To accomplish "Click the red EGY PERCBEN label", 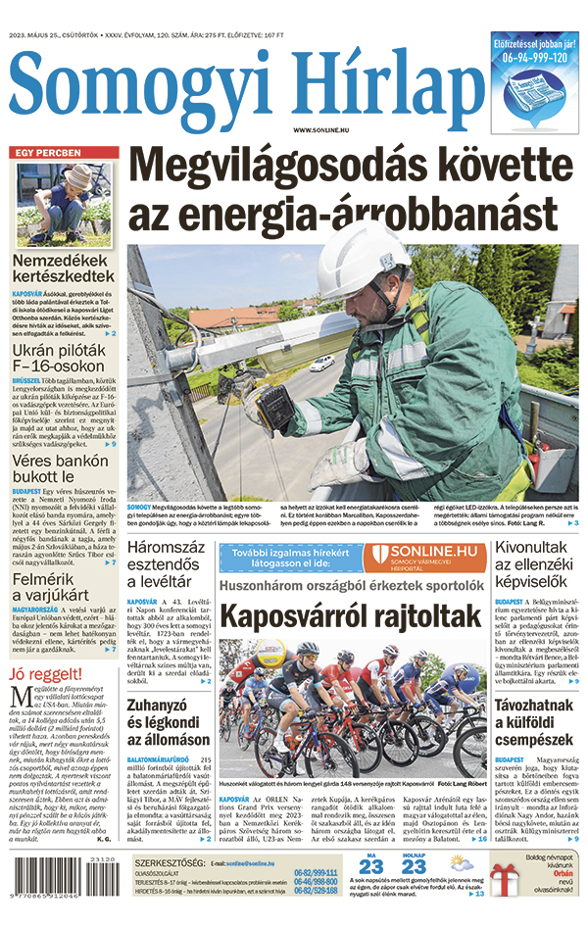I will pyautogui.click(x=46, y=153).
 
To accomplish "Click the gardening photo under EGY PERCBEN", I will pyautogui.click(x=64, y=205).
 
